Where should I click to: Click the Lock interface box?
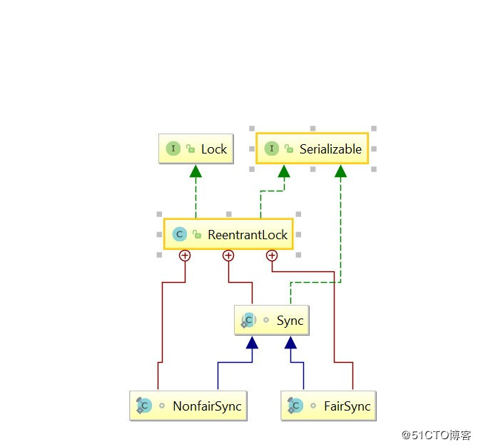(x=196, y=149)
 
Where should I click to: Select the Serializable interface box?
(x=312, y=149)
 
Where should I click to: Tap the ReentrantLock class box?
(x=228, y=234)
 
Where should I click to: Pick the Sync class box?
(x=272, y=320)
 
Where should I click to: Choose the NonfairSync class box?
(x=188, y=406)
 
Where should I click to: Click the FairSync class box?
(x=328, y=406)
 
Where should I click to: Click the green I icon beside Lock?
(x=173, y=149)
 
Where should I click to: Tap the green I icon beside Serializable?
(x=272, y=149)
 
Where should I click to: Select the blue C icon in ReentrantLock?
(x=180, y=234)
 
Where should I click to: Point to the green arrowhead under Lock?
(x=195, y=171)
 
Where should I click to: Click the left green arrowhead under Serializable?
(x=284, y=171)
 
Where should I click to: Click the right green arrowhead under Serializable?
(x=340, y=171)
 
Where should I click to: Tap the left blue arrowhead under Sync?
(x=252, y=343)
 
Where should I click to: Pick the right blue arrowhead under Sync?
(x=290, y=343)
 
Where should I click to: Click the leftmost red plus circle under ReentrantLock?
(x=185, y=256)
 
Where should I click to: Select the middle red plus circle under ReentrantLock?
(x=228, y=256)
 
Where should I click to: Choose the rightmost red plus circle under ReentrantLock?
(x=272, y=256)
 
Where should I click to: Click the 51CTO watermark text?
(x=436, y=435)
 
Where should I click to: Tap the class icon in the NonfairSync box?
(x=143, y=406)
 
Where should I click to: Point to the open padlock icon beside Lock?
(x=190, y=149)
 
